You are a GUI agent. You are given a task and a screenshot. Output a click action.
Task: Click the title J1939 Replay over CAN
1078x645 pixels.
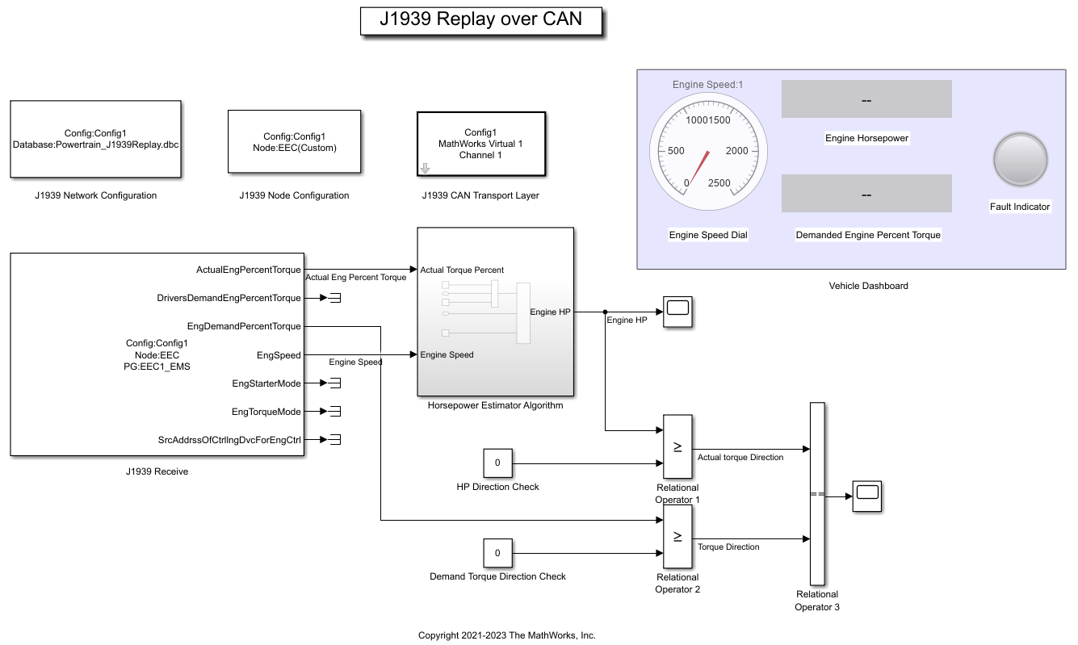click(481, 20)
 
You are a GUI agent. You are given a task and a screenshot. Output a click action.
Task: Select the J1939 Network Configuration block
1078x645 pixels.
click(95, 139)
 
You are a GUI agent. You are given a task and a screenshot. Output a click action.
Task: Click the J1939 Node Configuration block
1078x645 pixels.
click(294, 142)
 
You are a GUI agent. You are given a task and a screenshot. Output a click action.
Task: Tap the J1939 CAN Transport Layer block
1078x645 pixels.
click(481, 144)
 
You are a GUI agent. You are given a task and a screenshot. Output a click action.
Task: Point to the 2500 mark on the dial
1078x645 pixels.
click(719, 183)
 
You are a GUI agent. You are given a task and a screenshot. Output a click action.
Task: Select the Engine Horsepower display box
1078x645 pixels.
click(866, 99)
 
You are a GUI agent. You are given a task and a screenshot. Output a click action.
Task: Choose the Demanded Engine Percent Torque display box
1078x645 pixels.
click(866, 194)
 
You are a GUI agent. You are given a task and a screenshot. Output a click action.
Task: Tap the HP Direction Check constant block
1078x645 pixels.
click(497, 463)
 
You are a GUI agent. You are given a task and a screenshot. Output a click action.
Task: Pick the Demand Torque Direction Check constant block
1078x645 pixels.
click(497, 553)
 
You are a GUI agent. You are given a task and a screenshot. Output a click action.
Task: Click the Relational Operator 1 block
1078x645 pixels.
click(677, 446)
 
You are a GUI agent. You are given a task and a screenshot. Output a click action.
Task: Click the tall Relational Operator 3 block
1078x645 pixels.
click(816, 493)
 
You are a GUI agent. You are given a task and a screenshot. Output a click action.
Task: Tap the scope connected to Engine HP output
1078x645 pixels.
click(677, 312)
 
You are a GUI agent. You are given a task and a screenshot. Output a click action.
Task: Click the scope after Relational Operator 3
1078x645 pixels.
click(867, 496)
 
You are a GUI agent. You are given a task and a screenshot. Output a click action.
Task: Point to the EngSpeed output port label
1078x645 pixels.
click(279, 355)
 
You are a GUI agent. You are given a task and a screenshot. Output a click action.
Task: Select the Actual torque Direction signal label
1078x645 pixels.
click(740, 458)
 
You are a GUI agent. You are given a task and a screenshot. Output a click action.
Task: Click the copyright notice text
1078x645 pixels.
click(506, 635)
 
